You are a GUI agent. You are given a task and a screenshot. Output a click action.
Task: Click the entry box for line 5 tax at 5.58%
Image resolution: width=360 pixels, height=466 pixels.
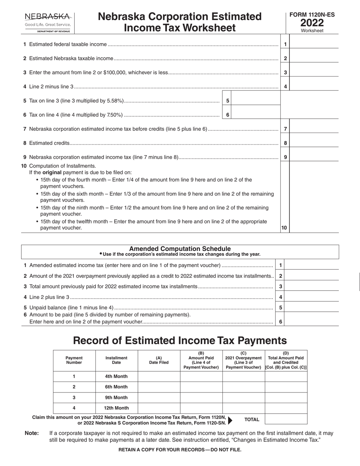(x=255, y=101)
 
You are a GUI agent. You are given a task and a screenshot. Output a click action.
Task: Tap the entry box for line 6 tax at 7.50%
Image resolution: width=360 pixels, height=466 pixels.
(x=255, y=115)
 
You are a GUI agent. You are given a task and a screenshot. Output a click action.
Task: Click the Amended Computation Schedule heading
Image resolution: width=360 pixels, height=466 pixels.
(x=180, y=249)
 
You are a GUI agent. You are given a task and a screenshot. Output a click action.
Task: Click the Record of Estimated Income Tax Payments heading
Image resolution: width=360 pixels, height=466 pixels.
(x=180, y=340)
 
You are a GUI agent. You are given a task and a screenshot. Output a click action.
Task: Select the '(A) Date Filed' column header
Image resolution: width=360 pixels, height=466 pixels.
(x=159, y=360)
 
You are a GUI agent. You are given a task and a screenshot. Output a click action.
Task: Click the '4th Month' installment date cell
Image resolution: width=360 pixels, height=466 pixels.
(x=116, y=376)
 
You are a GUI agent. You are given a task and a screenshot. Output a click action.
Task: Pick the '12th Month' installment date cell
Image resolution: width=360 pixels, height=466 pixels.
(x=116, y=408)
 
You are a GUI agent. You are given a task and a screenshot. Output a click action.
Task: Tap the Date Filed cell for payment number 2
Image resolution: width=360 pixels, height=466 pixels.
(x=159, y=387)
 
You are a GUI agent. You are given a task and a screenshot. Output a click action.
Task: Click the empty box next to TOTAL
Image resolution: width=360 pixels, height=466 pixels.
(x=286, y=419)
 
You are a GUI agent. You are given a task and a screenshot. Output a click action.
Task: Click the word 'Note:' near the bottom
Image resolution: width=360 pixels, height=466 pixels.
(x=32, y=433)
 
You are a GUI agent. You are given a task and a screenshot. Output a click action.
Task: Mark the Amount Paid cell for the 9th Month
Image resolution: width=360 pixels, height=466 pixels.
(x=201, y=397)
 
